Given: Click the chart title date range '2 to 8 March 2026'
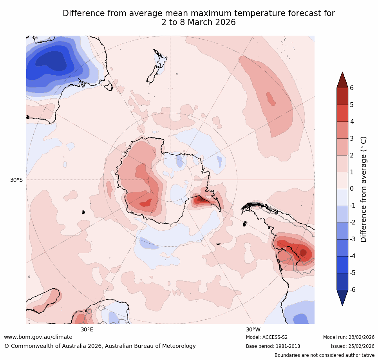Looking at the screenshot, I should [x=199, y=22].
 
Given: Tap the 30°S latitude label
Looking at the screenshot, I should [x=16, y=180].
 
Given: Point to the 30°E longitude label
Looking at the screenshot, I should [x=87, y=329].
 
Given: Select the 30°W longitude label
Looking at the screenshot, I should [x=253, y=329].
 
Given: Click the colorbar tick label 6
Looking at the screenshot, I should [x=352, y=88].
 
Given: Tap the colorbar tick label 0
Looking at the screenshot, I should [x=352, y=189].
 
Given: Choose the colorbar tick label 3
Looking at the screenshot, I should [x=352, y=138].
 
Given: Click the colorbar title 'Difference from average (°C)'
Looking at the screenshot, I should [x=364, y=189].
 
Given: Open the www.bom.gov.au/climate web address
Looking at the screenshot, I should [x=38, y=337].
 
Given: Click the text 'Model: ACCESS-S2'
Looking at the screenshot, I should [x=267, y=337].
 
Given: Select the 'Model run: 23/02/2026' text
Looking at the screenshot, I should [x=349, y=337].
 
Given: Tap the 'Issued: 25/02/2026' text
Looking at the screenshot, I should [x=353, y=346].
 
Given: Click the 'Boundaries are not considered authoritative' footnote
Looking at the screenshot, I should [x=324, y=355].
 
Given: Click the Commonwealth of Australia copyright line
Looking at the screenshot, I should [x=100, y=346].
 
